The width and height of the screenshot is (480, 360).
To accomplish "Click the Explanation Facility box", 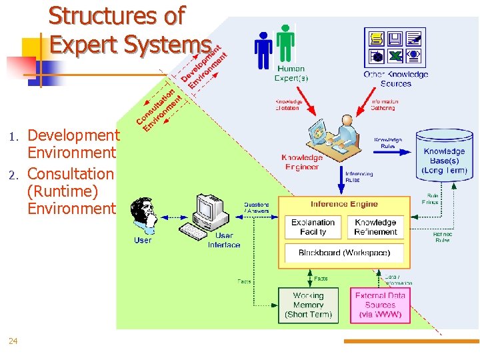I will (313, 227).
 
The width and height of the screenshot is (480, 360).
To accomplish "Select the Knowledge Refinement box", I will (375, 227).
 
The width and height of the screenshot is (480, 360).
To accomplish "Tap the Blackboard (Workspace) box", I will (344, 253).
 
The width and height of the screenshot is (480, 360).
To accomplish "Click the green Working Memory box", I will (308, 305).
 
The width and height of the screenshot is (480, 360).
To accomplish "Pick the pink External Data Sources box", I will (380, 305).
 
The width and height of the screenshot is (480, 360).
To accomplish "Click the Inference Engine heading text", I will (344, 204).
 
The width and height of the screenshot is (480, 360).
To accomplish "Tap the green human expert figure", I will (285, 44).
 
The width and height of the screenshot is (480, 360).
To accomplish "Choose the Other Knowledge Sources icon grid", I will (395, 46).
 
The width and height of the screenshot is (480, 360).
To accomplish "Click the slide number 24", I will (13, 341).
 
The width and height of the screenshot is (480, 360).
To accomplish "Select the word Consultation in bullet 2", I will (71, 174).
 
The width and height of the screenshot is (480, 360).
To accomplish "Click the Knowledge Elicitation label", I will (289, 105).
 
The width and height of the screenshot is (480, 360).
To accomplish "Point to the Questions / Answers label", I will (257, 207).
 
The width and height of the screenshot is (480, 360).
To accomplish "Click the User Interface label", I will (224, 240).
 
